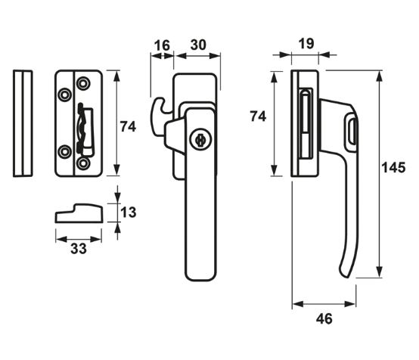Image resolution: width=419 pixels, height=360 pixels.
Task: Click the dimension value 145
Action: [393, 168]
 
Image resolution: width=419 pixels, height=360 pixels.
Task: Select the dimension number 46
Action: [324, 319]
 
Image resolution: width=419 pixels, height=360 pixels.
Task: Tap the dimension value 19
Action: [306, 44]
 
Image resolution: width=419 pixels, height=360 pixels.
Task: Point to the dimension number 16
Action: [162, 45]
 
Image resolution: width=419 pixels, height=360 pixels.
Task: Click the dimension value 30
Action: [198, 45]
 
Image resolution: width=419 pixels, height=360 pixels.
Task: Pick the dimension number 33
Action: [79, 249]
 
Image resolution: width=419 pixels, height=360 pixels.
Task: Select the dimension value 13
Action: [129, 213]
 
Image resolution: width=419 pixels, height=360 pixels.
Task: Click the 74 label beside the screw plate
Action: [128, 127]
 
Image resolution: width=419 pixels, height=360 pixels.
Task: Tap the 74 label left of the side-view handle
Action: [258, 116]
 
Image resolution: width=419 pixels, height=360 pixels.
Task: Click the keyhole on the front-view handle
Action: [200, 139]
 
